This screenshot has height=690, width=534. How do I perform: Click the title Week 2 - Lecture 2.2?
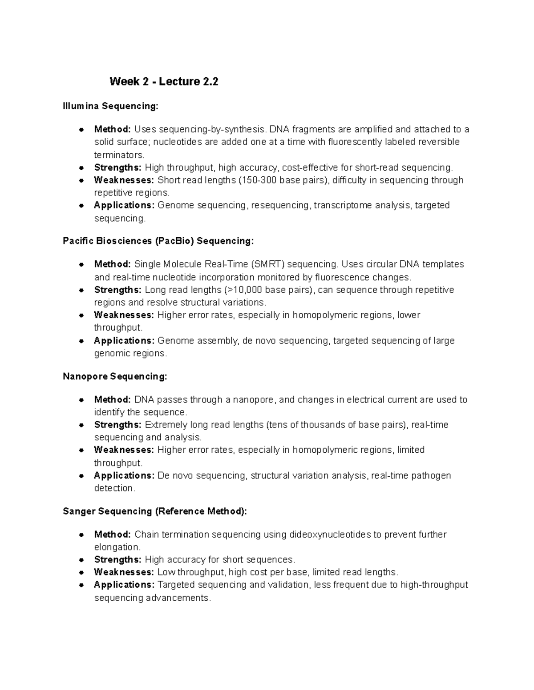coord(164,82)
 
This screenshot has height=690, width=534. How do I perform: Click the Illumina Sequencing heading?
coord(110,106)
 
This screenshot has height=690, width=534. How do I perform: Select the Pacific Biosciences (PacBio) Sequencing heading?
coord(158,241)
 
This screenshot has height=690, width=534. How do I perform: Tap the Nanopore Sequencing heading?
coord(115,376)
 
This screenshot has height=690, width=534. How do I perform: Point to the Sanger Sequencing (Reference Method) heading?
coord(154,511)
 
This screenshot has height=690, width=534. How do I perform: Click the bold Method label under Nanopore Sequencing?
coord(112,399)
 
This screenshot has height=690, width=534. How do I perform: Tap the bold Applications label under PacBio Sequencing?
coord(124,341)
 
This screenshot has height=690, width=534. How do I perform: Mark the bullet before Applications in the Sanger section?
coord(81,585)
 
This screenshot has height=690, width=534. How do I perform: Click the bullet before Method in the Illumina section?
coord(81,130)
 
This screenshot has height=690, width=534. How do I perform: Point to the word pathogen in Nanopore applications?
coord(431,475)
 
